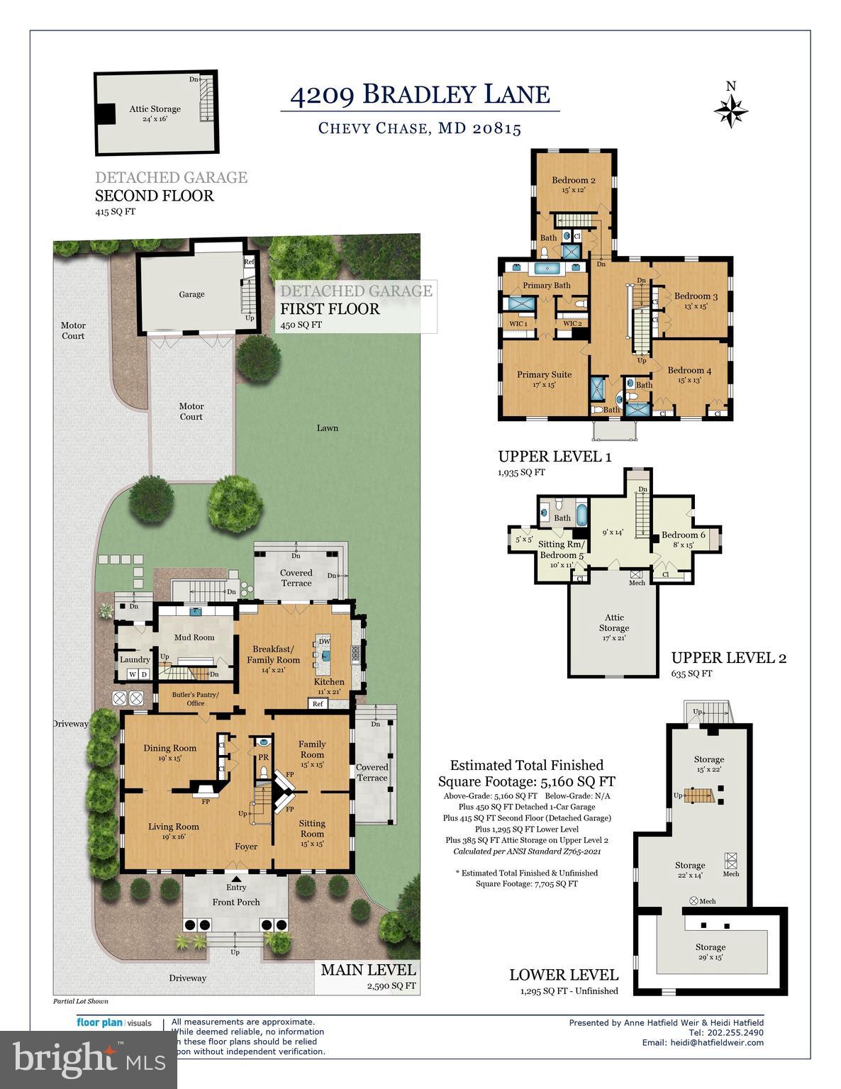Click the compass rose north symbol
pyautogui.click(x=730, y=108)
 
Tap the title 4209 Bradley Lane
pyautogui.click(x=420, y=94)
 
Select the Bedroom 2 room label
pyautogui.click(x=574, y=180)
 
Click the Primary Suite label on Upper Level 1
pyautogui.click(x=544, y=374)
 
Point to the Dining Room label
pyautogui.click(x=169, y=748)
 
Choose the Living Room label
pyautogui.click(x=173, y=826)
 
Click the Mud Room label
pyautogui.click(x=194, y=637)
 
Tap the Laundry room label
pyautogui.click(x=134, y=659)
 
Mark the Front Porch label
pyautogui.click(x=236, y=902)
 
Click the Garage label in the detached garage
pyautogui.click(x=191, y=294)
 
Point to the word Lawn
pyautogui.click(x=327, y=428)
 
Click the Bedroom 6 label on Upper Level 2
pyautogui.click(x=683, y=535)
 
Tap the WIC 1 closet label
pyautogui.click(x=518, y=324)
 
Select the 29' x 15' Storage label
pyautogui.click(x=710, y=947)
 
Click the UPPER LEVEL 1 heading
pyautogui.click(x=555, y=457)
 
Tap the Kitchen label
pyautogui.click(x=329, y=681)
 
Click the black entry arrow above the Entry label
pyautogui.click(x=236, y=877)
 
